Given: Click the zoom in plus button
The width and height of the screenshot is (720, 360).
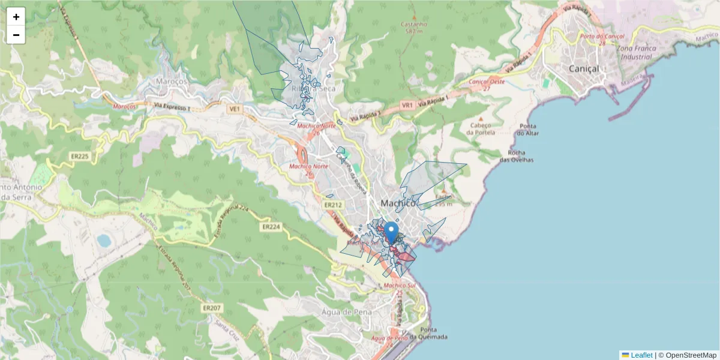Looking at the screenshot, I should pos(16,17).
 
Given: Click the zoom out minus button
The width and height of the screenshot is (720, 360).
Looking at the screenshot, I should pos(16,35).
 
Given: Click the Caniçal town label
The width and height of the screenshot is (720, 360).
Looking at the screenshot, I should pos(583,69).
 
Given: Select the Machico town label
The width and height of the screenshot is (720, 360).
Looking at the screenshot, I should pos(398,203).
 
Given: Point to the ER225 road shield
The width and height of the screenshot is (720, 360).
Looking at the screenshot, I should pos(80,157).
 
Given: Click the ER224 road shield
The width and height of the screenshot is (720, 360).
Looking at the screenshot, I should pos(271,227).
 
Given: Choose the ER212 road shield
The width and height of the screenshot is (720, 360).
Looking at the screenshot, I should pos(333,205).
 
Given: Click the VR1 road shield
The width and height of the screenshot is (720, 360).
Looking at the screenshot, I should pos(407,105).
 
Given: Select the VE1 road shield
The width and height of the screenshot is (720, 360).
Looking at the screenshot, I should pos(234,109).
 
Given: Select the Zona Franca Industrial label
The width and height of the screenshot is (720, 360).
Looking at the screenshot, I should pos(634,52).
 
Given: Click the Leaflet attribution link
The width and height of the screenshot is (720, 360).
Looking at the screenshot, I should pos(641,355).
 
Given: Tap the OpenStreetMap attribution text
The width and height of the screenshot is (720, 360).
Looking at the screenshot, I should pos(691,355).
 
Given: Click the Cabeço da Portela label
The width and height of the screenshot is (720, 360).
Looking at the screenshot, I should pos(481,128).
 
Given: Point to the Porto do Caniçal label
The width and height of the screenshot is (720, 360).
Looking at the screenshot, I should pos(602,36).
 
